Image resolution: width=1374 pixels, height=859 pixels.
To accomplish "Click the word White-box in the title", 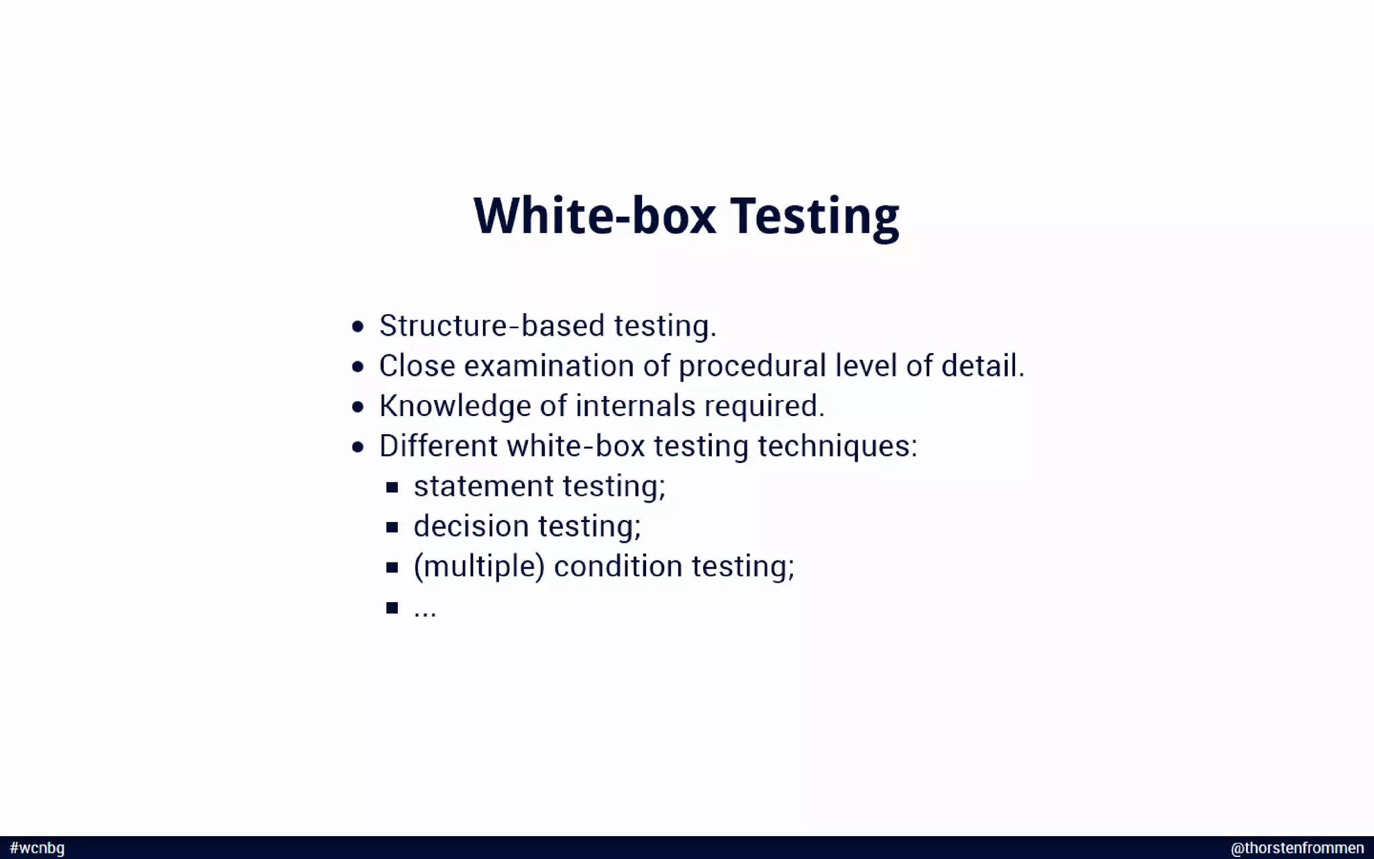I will tap(594, 216).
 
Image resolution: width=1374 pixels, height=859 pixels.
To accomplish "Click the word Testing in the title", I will tap(814, 216).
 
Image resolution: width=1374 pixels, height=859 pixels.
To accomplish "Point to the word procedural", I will tap(751, 366).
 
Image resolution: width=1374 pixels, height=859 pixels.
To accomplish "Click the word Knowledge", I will tap(455, 407).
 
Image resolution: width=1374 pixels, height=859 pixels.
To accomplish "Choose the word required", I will tap(763, 407).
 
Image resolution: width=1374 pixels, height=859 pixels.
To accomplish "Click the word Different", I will tap(438, 446).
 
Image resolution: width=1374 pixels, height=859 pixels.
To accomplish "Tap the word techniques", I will tap(837, 446).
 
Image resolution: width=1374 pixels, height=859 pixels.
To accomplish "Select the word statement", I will tap(483, 487).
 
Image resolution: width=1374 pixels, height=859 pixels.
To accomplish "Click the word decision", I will tap(471, 526).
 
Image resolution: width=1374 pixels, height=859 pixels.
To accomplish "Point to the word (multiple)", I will tap(478, 566).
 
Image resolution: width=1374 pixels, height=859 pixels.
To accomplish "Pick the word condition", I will tap(617, 566).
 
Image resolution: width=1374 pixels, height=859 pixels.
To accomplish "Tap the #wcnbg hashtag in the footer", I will tap(38, 848).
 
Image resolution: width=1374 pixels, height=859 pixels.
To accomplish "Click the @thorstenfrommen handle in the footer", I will tap(1297, 848).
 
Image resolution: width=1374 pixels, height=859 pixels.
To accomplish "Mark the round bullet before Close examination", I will tap(358, 367).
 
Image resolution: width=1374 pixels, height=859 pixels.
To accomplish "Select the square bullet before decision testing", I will tap(392, 527).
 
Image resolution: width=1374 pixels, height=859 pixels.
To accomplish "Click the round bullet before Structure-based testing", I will tap(358, 327).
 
